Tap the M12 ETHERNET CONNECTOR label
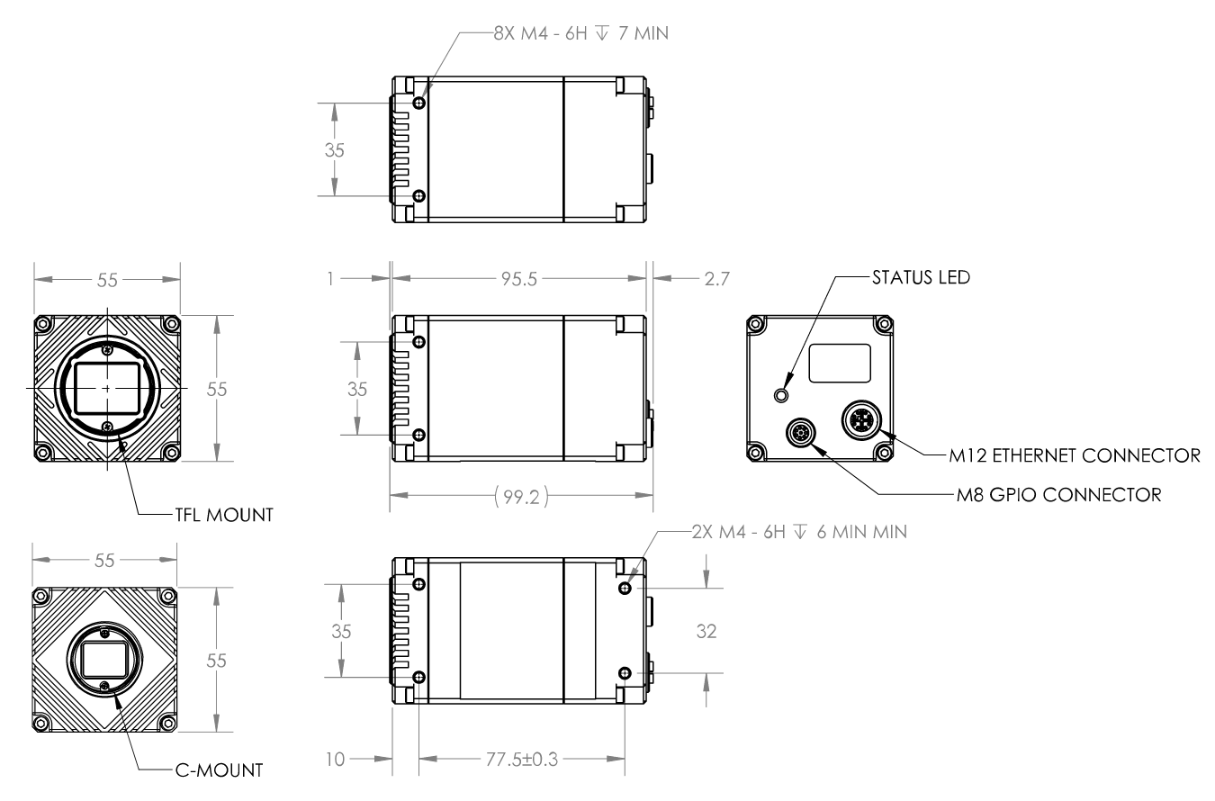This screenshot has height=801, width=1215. click(x=1074, y=456)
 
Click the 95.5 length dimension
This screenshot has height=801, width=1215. click(x=517, y=279)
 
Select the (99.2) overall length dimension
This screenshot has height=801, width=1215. click(x=521, y=494)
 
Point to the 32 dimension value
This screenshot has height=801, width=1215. click(x=706, y=632)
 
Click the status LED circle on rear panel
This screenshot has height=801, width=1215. click(x=782, y=395)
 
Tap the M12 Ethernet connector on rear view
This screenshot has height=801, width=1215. click(x=859, y=418)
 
